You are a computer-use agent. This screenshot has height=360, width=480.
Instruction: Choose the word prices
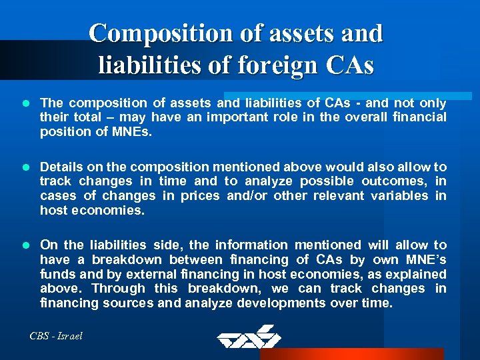(199, 196)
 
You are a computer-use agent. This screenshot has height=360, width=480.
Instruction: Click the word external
(136, 274)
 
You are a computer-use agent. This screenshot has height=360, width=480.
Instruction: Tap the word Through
(118, 289)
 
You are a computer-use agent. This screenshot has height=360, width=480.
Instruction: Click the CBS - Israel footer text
(56, 336)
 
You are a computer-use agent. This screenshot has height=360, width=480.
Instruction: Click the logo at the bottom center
(249, 336)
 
